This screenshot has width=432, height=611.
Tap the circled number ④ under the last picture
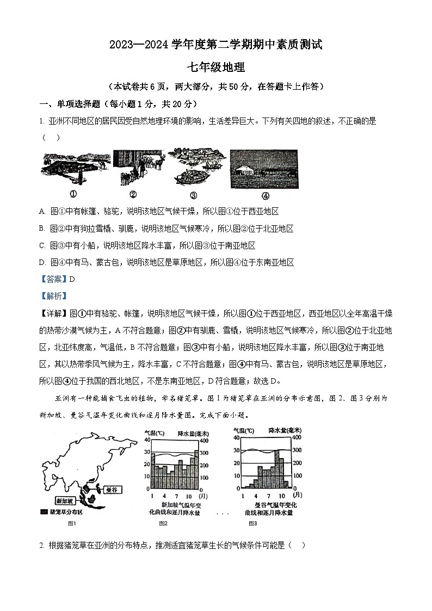coord(265,196)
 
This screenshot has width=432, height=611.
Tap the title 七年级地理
coord(216,67)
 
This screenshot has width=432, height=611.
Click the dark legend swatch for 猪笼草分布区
coord(43,512)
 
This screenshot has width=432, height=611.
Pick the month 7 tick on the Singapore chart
coord(176,496)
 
